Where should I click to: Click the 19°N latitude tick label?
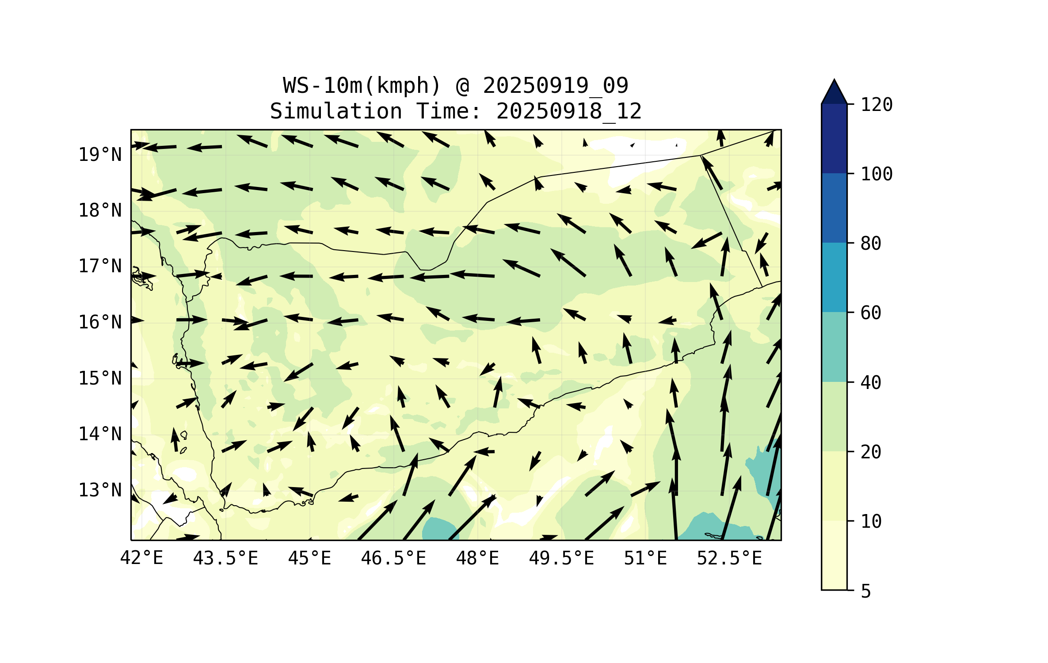point(100,155)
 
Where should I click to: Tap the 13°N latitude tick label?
point(100,490)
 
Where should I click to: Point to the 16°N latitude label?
point(100,322)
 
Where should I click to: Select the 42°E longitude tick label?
point(141,558)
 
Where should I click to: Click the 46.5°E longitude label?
point(393,558)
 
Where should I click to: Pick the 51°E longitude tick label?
point(645,558)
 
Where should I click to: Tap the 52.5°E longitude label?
point(729,558)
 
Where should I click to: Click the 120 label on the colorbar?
point(877,105)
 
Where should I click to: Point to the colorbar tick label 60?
point(871,313)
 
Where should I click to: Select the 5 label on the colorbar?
point(866,591)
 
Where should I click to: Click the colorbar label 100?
point(877,174)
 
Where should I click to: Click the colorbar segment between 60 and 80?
point(834,277)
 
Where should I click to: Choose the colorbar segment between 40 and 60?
point(834,347)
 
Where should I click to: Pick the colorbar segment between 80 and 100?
point(834,208)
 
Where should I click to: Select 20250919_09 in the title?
point(555,85)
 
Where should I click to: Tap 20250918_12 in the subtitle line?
point(568,111)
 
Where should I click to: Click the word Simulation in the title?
point(336,111)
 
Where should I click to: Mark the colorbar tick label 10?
point(871,522)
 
